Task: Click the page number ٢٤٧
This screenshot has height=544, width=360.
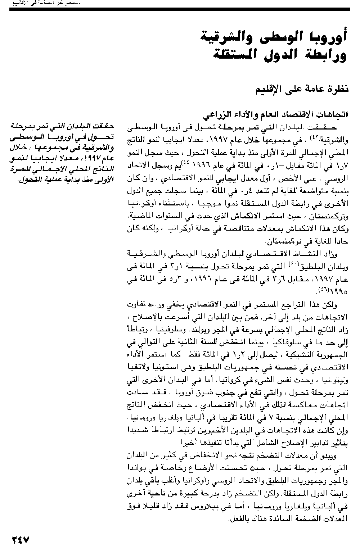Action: click(x=21, y=539)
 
